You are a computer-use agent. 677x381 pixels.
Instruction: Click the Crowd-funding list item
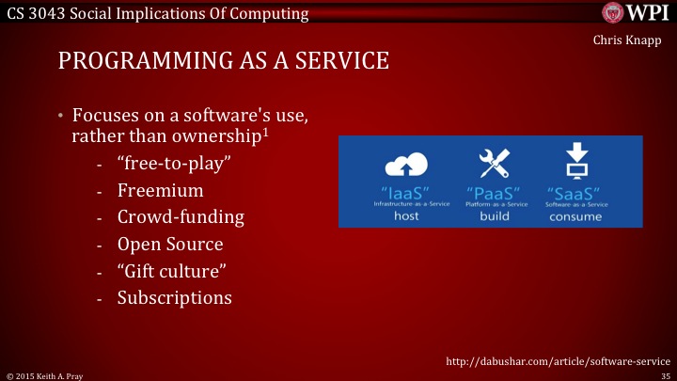[x=181, y=217]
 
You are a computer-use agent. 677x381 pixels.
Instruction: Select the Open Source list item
[x=170, y=244]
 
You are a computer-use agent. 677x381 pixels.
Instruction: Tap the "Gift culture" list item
[x=173, y=271]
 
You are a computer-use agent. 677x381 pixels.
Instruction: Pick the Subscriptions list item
[x=174, y=298]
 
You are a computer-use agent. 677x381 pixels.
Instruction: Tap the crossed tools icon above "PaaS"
[x=492, y=166]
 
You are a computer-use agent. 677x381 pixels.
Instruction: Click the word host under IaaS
[x=406, y=215]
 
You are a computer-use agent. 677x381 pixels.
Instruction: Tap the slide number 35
[x=666, y=374]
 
